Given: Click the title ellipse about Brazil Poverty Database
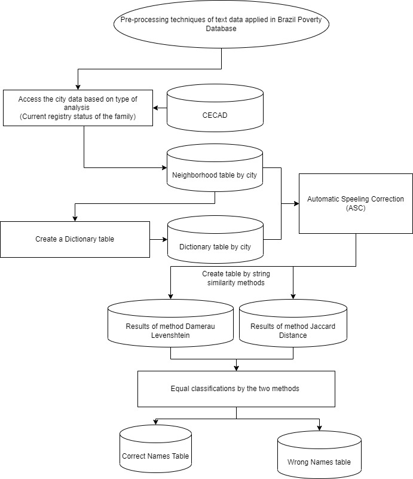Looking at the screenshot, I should (222, 25).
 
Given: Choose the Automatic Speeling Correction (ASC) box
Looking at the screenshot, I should (356, 203).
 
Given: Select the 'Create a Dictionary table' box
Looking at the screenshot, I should (75, 239).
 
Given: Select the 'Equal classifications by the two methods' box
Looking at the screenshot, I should (236, 389).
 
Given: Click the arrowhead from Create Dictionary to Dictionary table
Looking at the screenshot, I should (164, 239).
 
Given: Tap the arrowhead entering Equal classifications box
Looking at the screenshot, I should (236, 368).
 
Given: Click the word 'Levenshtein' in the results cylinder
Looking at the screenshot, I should (171, 335).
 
